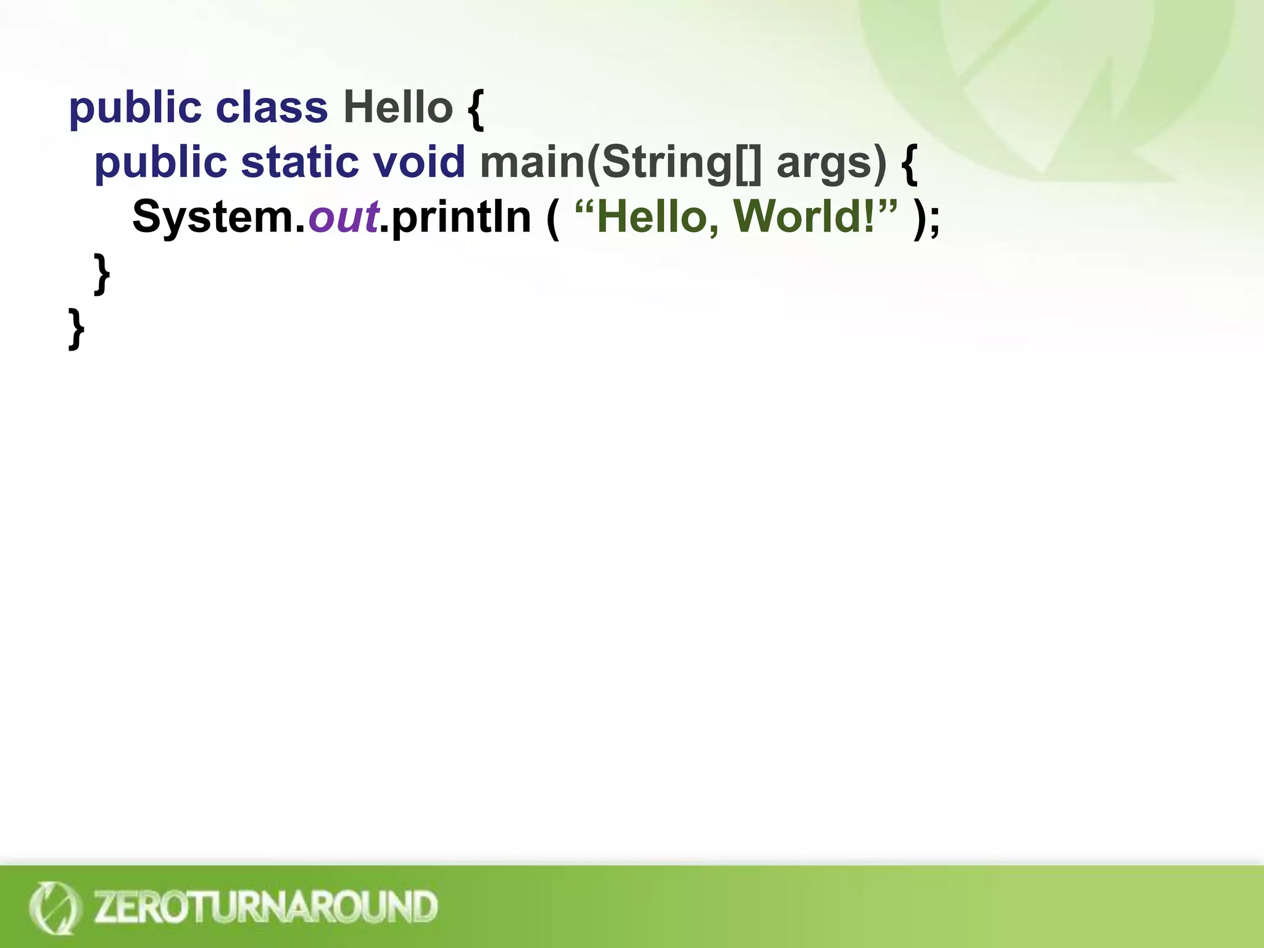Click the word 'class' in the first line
(272, 107)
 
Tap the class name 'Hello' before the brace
(398, 107)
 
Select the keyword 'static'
(300, 162)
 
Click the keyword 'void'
(419, 162)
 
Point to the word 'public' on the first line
(135, 109)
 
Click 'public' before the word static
(160, 163)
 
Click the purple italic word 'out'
(343, 217)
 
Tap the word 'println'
(461, 217)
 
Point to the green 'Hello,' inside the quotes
(658, 217)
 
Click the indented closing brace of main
(102, 273)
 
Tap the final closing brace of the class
(76, 328)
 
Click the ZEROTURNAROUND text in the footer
(265, 906)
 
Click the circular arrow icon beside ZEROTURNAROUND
(54, 907)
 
